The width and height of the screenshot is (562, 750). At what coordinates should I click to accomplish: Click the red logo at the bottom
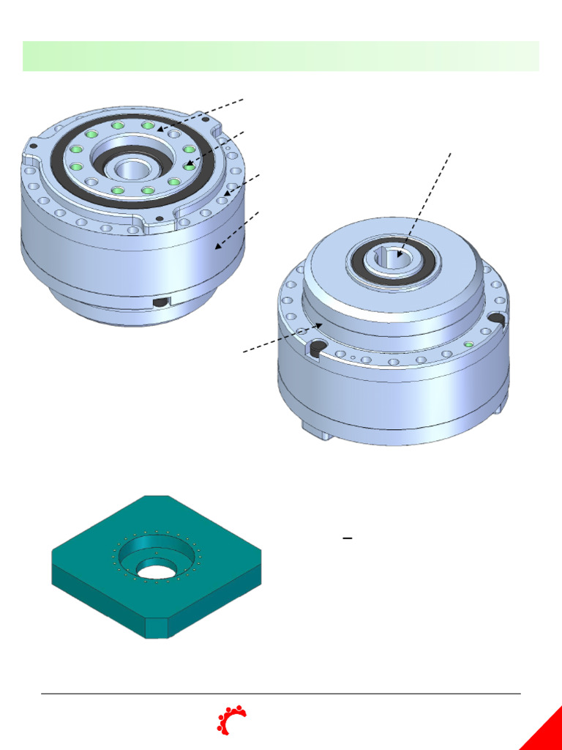(x=231, y=720)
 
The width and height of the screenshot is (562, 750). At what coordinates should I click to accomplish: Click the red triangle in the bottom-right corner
(x=545, y=732)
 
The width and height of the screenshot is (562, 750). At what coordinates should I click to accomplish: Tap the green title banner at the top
(x=281, y=56)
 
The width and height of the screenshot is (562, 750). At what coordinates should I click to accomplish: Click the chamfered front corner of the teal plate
(x=157, y=627)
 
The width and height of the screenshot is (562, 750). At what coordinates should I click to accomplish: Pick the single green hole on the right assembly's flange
(x=469, y=344)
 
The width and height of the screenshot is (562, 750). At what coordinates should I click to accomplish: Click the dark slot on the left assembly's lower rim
(x=160, y=302)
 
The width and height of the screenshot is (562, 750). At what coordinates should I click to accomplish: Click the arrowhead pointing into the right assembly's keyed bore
(x=400, y=252)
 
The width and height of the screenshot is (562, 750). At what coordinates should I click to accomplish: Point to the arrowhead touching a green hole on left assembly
(x=187, y=166)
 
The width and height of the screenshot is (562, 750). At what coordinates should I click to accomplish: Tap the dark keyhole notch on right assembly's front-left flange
(x=317, y=348)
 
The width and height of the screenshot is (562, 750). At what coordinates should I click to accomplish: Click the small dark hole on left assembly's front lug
(x=159, y=218)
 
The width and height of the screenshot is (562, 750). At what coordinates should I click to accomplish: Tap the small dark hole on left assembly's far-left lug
(x=31, y=145)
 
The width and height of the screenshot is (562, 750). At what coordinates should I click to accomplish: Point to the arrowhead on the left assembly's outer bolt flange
(x=228, y=193)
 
